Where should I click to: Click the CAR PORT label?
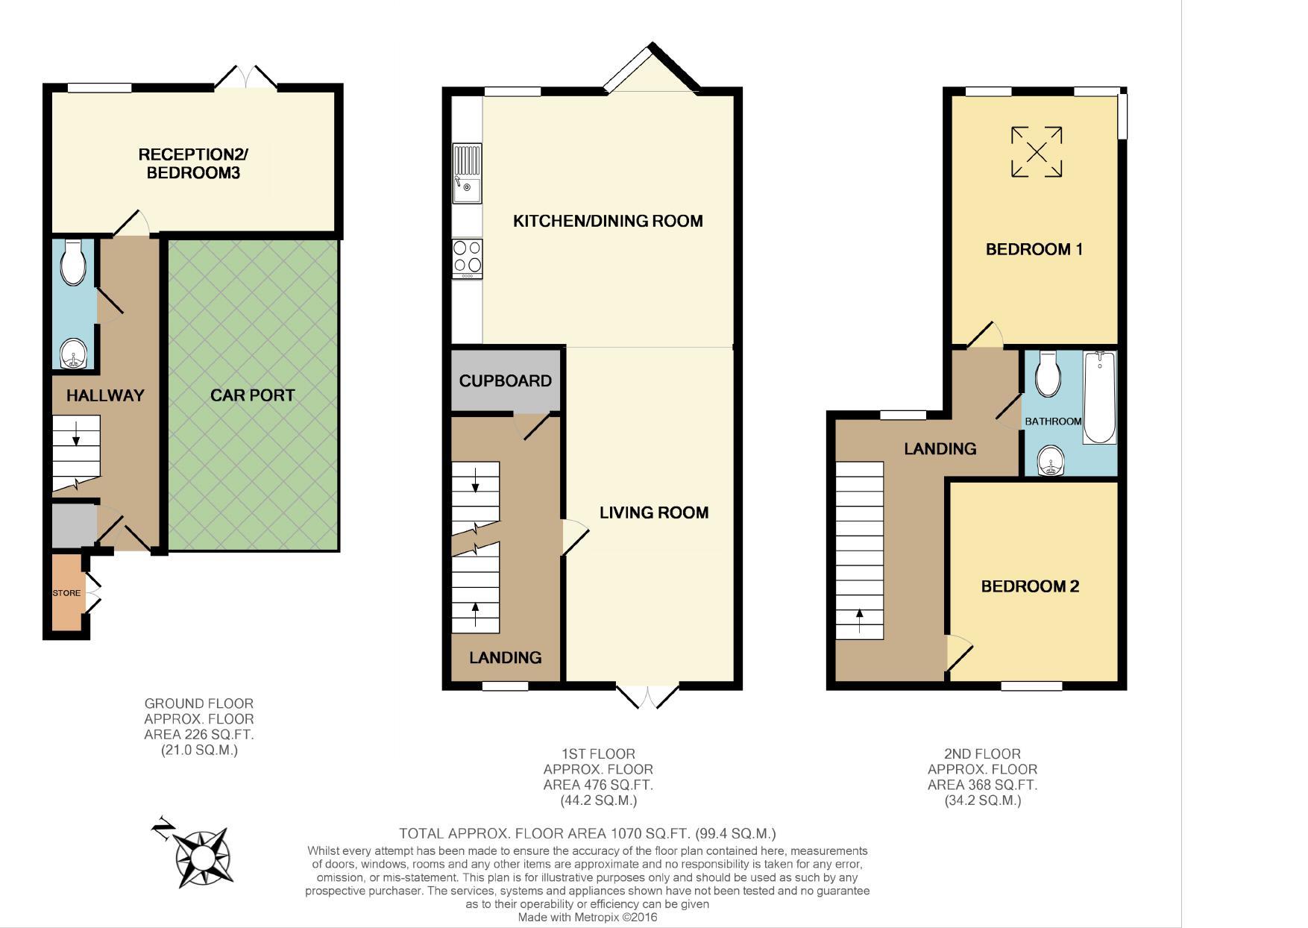click(x=252, y=395)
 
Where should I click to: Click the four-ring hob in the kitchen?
click(x=467, y=259)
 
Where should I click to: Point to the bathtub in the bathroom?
click(x=1099, y=398)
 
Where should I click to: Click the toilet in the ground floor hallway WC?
click(x=74, y=262)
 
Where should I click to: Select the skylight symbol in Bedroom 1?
click(x=1037, y=152)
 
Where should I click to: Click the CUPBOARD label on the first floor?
click(x=506, y=381)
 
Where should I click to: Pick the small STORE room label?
click(x=66, y=593)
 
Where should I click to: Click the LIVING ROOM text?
click(x=654, y=512)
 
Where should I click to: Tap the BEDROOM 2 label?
click(x=1030, y=586)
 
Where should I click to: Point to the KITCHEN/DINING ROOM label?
click(x=608, y=221)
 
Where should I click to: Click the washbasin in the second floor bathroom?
click(x=1052, y=460)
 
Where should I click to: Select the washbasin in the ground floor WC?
click(x=74, y=354)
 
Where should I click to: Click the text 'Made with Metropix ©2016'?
click(x=588, y=918)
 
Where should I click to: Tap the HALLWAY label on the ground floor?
click(x=105, y=395)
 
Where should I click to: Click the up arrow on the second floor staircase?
click(x=859, y=621)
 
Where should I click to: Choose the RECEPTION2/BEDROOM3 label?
click(x=193, y=164)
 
